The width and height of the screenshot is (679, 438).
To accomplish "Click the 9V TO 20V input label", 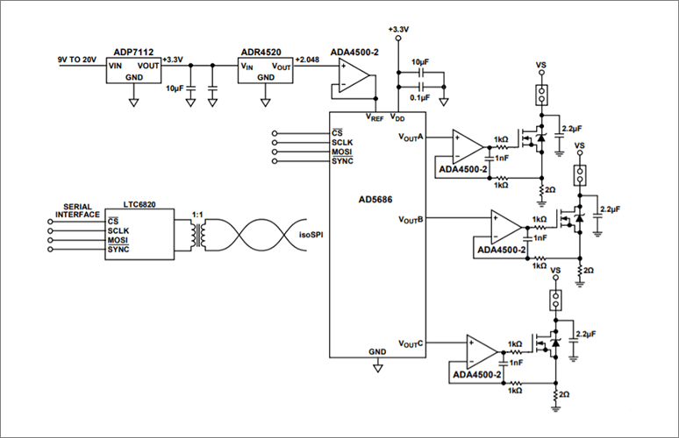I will (x=76, y=58).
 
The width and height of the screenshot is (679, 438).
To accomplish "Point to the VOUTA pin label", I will (x=411, y=138).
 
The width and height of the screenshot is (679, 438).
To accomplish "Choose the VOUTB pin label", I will (x=411, y=218).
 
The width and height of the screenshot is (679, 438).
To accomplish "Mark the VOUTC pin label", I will (x=411, y=343).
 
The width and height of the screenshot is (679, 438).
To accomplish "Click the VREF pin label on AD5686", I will (x=375, y=117).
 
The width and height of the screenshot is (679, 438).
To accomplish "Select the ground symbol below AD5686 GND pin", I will (x=378, y=369).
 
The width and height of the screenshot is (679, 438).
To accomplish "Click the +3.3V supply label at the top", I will (x=397, y=30).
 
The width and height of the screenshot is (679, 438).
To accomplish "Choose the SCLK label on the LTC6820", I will (x=118, y=230).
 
